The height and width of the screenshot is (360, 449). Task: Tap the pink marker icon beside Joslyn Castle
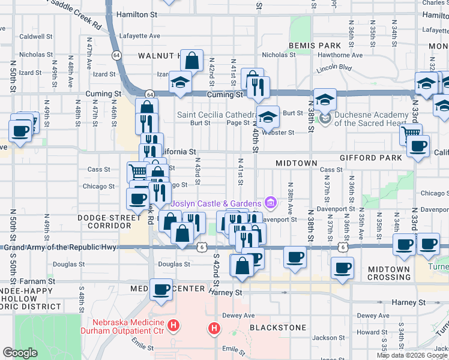tap(270, 205)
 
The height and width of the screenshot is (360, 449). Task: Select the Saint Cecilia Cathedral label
tap(217, 114)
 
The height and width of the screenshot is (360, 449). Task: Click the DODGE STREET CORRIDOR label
tap(104, 221)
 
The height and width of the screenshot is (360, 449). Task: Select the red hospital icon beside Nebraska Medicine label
tap(173, 326)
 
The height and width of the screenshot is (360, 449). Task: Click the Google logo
tap(20, 353)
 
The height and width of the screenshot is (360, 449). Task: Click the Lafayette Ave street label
tap(139, 36)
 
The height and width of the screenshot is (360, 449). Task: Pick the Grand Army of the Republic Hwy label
tap(59, 247)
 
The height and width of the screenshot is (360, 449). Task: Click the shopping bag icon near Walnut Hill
tap(191, 61)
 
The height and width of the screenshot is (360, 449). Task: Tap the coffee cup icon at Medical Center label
tap(161, 290)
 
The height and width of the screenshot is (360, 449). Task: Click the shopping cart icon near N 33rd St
tap(411, 133)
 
